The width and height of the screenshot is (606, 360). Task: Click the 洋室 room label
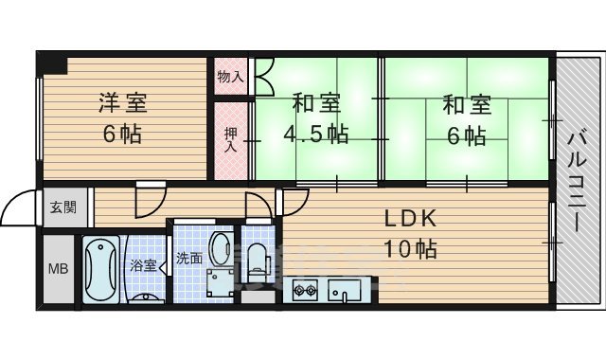tap(124, 103)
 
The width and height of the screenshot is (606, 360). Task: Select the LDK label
tap(408, 219)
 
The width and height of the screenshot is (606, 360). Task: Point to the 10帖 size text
tap(409, 250)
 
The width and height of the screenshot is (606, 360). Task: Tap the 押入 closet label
tap(230, 139)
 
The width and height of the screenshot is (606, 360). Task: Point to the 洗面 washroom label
tap(187, 258)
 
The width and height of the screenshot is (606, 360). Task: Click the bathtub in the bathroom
tap(98, 269)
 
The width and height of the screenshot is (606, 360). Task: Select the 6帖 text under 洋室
tap(123, 134)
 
